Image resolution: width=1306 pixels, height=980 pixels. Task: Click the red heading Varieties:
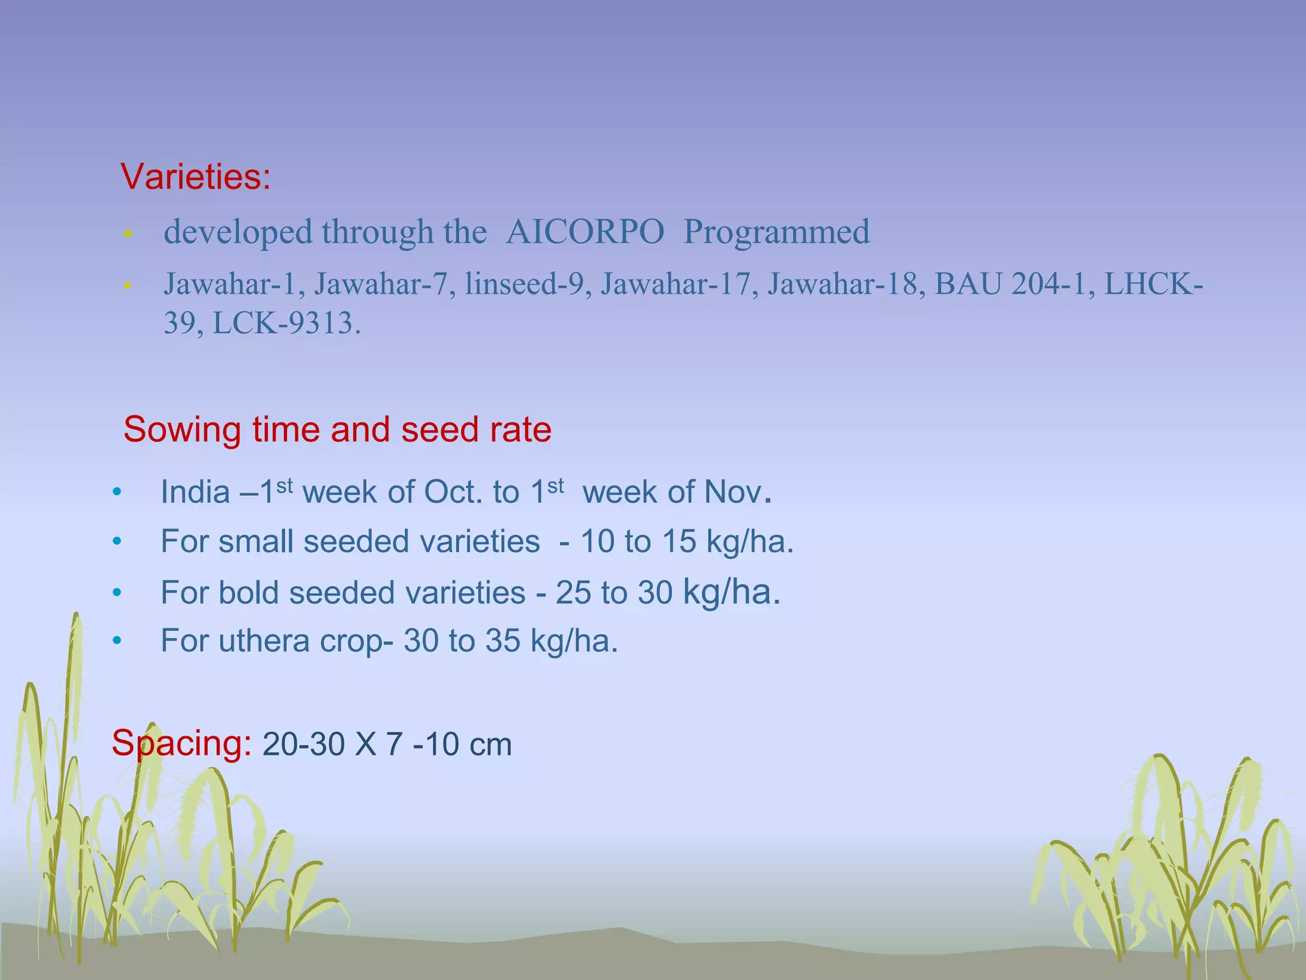point(196,177)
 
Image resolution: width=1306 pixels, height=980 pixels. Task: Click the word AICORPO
point(585,232)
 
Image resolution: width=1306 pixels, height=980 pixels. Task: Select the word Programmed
point(776,232)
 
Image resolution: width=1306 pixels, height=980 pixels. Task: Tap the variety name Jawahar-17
point(675,284)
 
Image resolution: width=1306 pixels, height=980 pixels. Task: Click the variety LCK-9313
point(286,323)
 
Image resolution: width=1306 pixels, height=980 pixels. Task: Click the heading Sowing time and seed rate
point(337,429)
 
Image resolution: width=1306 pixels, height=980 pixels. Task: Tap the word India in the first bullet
point(195,492)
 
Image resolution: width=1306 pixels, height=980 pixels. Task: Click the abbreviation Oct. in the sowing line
point(453,492)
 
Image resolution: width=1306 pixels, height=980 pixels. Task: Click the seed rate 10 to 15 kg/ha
point(686,542)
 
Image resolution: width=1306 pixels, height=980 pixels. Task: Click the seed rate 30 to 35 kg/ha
point(510,641)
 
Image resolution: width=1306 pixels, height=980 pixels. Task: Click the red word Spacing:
point(182,743)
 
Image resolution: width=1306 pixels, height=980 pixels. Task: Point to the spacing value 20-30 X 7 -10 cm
point(386,745)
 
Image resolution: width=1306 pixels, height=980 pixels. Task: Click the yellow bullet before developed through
point(128,234)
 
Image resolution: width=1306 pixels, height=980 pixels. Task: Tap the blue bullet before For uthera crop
point(117,641)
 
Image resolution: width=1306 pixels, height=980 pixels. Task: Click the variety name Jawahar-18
point(846,284)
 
